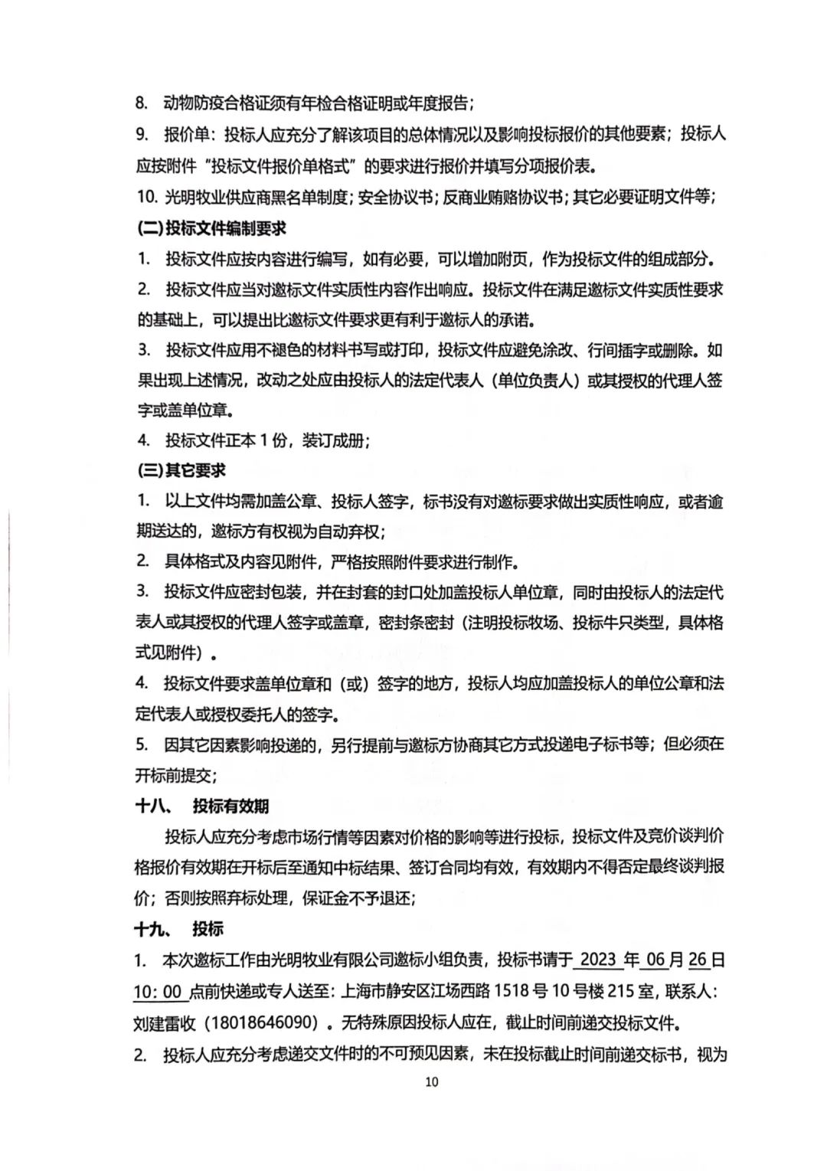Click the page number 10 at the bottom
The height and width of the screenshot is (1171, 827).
point(431,1082)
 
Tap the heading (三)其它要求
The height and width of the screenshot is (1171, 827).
point(181,471)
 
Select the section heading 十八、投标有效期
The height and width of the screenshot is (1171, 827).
point(202,806)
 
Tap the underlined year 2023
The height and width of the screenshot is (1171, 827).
point(598,960)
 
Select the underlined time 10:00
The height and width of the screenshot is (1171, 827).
point(159,992)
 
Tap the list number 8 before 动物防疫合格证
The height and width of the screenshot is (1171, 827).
point(142,103)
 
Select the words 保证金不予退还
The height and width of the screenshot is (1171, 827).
point(361,898)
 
